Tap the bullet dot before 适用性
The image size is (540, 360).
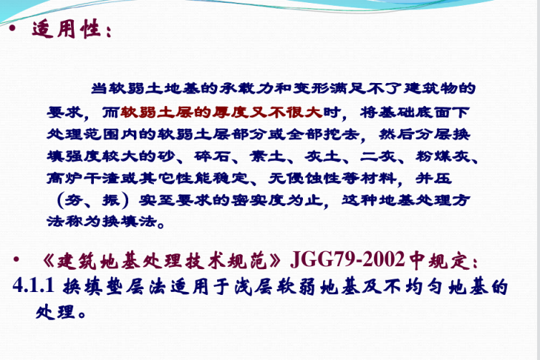[x=13, y=28]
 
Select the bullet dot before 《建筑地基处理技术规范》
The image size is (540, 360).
[x=16, y=259]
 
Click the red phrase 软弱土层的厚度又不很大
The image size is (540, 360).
[x=221, y=112]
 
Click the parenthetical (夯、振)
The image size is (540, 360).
[x=92, y=200]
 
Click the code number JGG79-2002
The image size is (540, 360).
[x=347, y=260]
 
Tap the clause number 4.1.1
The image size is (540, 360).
[x=34, y=286]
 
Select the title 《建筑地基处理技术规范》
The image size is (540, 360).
[x=162, y=261]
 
